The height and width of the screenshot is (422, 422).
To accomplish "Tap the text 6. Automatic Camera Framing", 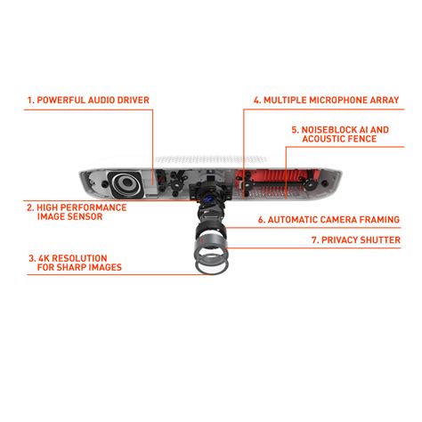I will coord(328,219).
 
